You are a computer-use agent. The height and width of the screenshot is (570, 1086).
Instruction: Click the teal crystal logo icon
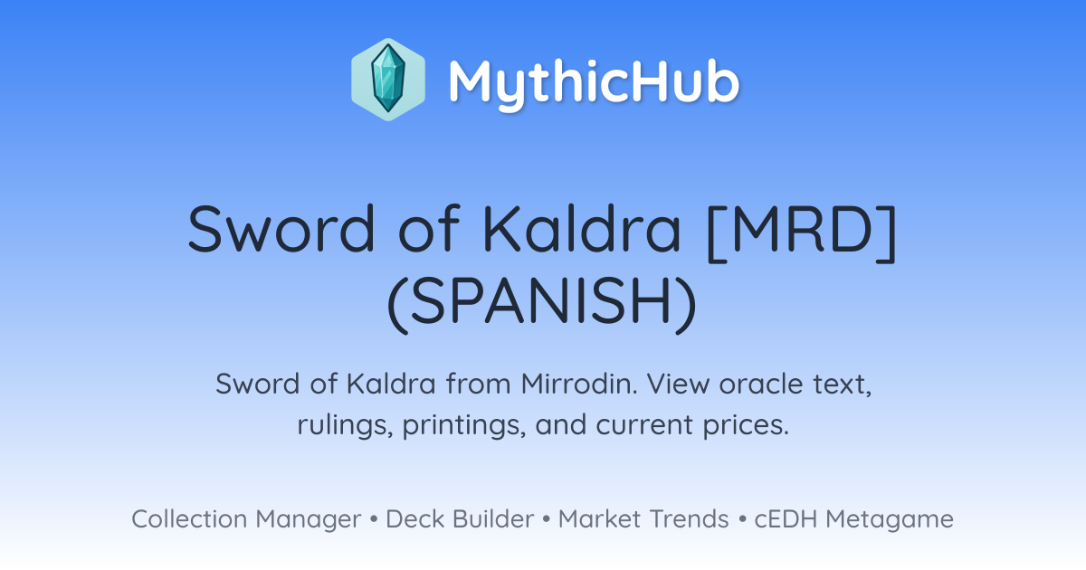click(x=388, y=80)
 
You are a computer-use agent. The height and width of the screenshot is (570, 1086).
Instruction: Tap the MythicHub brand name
click(x=594, y=81)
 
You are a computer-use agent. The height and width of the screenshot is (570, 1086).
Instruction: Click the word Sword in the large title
click(x=281, y=229)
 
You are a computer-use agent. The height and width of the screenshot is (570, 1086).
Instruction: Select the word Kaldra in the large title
click(x=582, y=229)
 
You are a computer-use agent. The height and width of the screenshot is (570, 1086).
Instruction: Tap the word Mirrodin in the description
click(x=579, y=384)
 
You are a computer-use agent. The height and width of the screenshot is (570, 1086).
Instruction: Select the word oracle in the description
click(x=761, y=384)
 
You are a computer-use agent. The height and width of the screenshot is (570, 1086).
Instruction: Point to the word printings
click(x=464, y=425)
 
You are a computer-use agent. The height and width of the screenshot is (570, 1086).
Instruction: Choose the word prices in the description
click(x=746, y=425)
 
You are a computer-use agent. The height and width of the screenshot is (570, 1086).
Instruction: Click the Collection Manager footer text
click(x=246, y=519)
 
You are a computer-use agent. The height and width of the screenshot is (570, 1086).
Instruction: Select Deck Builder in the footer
click(x=460, y=519)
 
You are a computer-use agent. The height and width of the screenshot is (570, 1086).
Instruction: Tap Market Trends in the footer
click(x=643, y=519)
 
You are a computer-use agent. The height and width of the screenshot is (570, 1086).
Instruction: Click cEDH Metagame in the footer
click(x=853, y=519)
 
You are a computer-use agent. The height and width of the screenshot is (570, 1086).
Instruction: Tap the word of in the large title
click(x=429, y=229)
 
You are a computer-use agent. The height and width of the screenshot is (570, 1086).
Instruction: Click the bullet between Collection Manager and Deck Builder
click(x=374, y=519)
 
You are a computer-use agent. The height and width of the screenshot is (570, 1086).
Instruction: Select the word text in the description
click(x=843, y=385)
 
